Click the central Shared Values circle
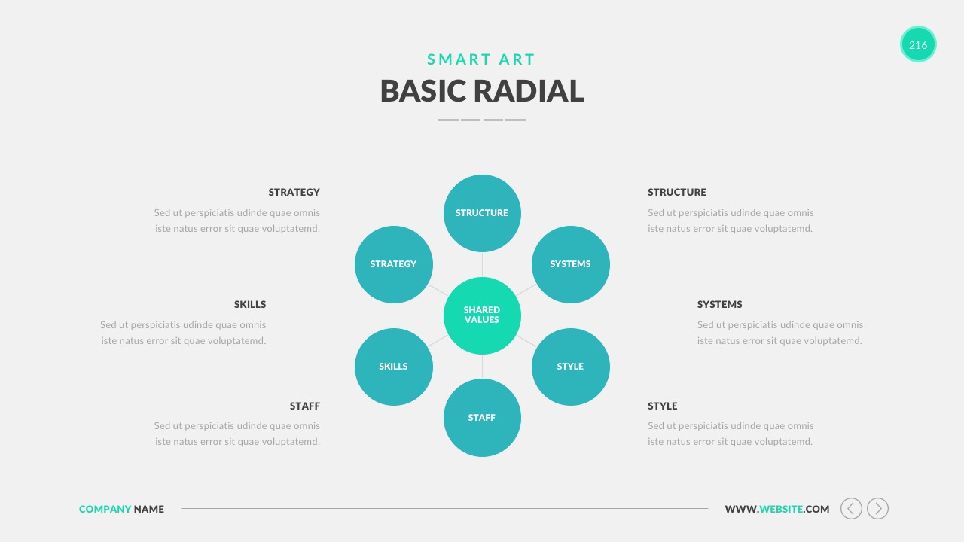[x=482, y=315]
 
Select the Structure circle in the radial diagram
[x=482, y=213]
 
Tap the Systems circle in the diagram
[x=571, y=264]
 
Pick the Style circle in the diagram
[x=571, y=367]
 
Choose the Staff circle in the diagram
[x=482, y=417]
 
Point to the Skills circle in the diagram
[x=393, y=367]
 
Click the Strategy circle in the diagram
[x=393, y=264]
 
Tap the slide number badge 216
[x=918, y=44]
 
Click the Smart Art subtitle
[x=481, y=59]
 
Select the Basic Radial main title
[x=482, y=91]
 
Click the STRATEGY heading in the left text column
[x=294, y=192]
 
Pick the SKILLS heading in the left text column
[x=250, y=305]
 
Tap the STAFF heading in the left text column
[x=305, y=406]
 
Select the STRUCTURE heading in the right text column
[x=677, y=192]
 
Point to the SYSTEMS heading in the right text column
[x=719, y=305]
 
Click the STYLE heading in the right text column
[x=662, y=406]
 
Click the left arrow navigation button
[x=851, y=508]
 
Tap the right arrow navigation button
[x=878, y=508]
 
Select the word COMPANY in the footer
[x=105, y=509]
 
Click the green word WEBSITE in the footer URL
[x=781, y=509]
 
